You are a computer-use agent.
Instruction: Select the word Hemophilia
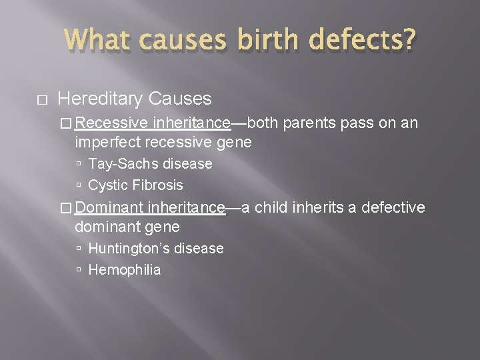pyautogui.click(x=125, y=269)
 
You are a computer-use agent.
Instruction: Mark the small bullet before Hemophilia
pyautogui.click(x=79, y=270)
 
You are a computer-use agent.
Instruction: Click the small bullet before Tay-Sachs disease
pyautogui.click(x=79, y=164)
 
